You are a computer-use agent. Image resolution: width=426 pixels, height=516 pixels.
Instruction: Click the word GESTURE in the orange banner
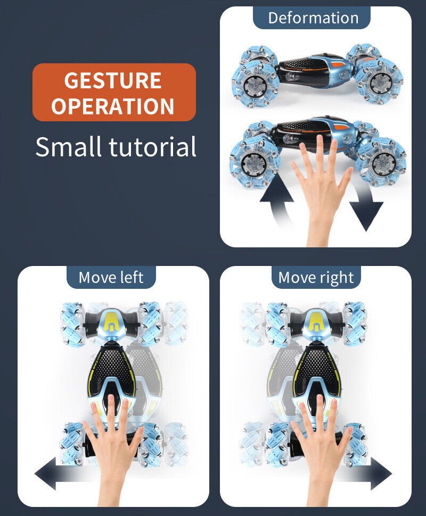click(x=113, y=80)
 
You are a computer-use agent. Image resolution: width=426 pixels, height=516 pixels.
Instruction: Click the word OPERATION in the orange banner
click(x=113, y=106)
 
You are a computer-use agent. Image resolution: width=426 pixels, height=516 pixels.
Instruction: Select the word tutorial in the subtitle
click(x=152, y=146)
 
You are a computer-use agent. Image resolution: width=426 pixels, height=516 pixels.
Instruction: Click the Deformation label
click(x=313, y=18)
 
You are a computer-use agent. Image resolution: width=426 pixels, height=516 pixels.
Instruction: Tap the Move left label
click(x=111, y=277)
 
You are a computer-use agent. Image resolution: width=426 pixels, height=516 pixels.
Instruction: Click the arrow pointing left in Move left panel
click(x=63, y=473)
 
